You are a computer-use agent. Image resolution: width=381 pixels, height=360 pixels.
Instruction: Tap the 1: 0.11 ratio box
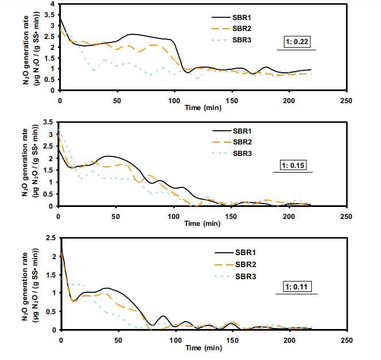297,286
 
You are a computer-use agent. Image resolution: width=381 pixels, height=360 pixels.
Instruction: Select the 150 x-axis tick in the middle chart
231,216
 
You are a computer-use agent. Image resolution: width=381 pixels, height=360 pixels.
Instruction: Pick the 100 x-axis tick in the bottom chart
175,340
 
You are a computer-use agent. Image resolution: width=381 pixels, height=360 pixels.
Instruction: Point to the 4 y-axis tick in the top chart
52,4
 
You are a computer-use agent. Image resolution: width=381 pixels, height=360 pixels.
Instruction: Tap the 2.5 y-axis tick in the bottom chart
50,238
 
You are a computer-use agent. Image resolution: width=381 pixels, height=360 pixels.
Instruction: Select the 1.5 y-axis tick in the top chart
50,58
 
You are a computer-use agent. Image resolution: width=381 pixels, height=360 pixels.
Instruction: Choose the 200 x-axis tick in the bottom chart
289,340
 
